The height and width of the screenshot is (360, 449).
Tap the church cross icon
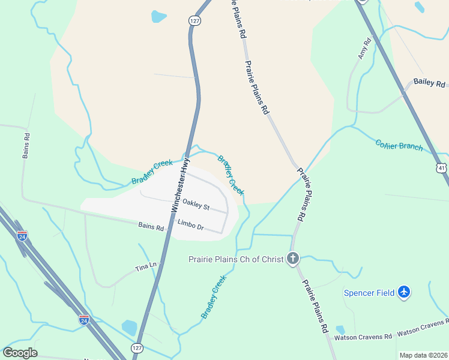(293, 259)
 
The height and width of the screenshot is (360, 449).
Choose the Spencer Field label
(369, 293)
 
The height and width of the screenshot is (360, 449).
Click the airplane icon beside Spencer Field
(405, 292)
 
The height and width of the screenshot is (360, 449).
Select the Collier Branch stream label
(399, 145)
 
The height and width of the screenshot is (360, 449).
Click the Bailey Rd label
(429, 83)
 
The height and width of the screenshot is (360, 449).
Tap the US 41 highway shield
(441, 166)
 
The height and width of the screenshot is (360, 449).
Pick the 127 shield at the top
(194, 20)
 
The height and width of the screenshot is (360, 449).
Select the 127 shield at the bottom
(137, 347)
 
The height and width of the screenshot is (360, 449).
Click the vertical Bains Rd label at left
(26, 146)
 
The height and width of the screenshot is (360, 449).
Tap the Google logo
(20, 353)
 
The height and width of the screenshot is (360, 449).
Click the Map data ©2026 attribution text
(423, 355)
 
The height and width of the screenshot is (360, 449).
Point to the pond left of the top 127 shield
(159, 16)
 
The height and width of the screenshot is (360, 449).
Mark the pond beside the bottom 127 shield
(129, 328)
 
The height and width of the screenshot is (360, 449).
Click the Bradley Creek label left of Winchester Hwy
(152, 172)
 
